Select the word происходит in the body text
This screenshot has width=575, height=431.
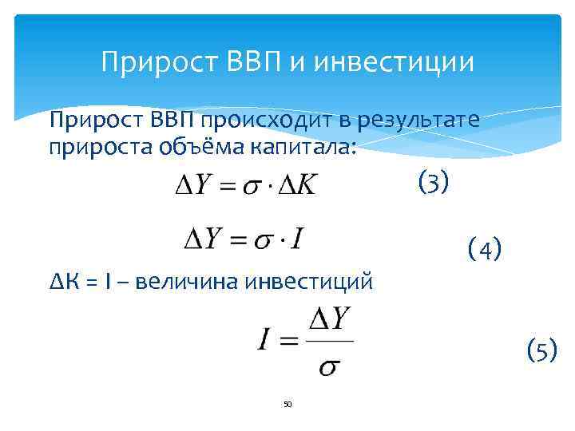263,121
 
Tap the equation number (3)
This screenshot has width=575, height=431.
434,183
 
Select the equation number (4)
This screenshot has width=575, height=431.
485,250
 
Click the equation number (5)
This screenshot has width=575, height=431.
541,350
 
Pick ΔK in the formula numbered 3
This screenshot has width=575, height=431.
295,186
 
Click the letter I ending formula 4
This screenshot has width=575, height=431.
296,238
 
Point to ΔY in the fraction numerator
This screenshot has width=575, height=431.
329,320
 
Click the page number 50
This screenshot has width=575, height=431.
287,404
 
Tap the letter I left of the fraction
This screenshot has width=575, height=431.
265,342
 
